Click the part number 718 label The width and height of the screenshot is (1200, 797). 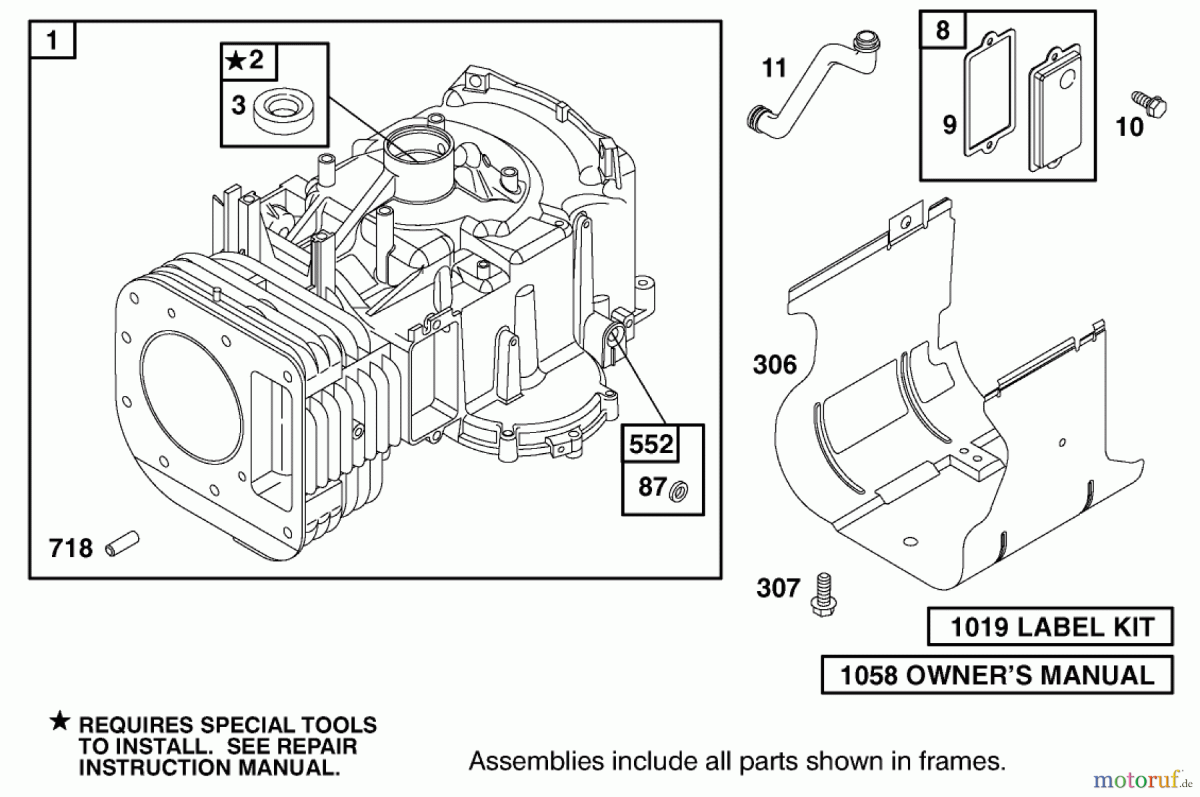coord(70,548)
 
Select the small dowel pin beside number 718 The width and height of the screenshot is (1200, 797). coord(123,543)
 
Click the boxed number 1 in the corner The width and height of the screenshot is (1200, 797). coord(52,40)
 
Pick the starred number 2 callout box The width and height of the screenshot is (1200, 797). coord(248,61)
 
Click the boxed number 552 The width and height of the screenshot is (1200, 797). coord(651,444)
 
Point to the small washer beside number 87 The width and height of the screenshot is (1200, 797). coord(679,491)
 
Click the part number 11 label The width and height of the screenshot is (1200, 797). coord(774,68)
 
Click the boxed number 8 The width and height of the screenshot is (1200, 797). coord(942,30)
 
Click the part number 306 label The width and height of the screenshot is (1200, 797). coord(775,365)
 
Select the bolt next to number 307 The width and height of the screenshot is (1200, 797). coord(824,594)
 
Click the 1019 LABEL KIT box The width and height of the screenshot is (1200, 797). coord(1050,626)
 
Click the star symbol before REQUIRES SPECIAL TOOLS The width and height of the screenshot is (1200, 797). coord(60,721)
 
